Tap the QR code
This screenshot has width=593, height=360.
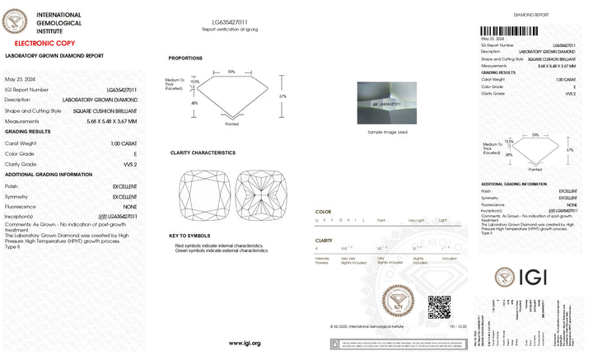pos(439,306)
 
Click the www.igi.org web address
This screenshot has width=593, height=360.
pos(245,343)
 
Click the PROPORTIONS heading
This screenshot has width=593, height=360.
pos(185,58)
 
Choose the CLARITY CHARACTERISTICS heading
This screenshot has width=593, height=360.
pos(203,152)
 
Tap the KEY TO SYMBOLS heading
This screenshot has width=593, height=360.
pos(189,236)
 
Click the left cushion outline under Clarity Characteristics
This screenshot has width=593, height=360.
pos(203,194)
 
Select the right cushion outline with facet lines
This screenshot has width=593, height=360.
pos(259,194)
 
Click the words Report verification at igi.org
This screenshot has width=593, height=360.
pos(230,29)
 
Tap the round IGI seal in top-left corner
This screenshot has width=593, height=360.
pos(16,20)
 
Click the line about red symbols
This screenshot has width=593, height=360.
pos(218,245)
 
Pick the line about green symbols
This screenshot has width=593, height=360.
pos(222,250)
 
